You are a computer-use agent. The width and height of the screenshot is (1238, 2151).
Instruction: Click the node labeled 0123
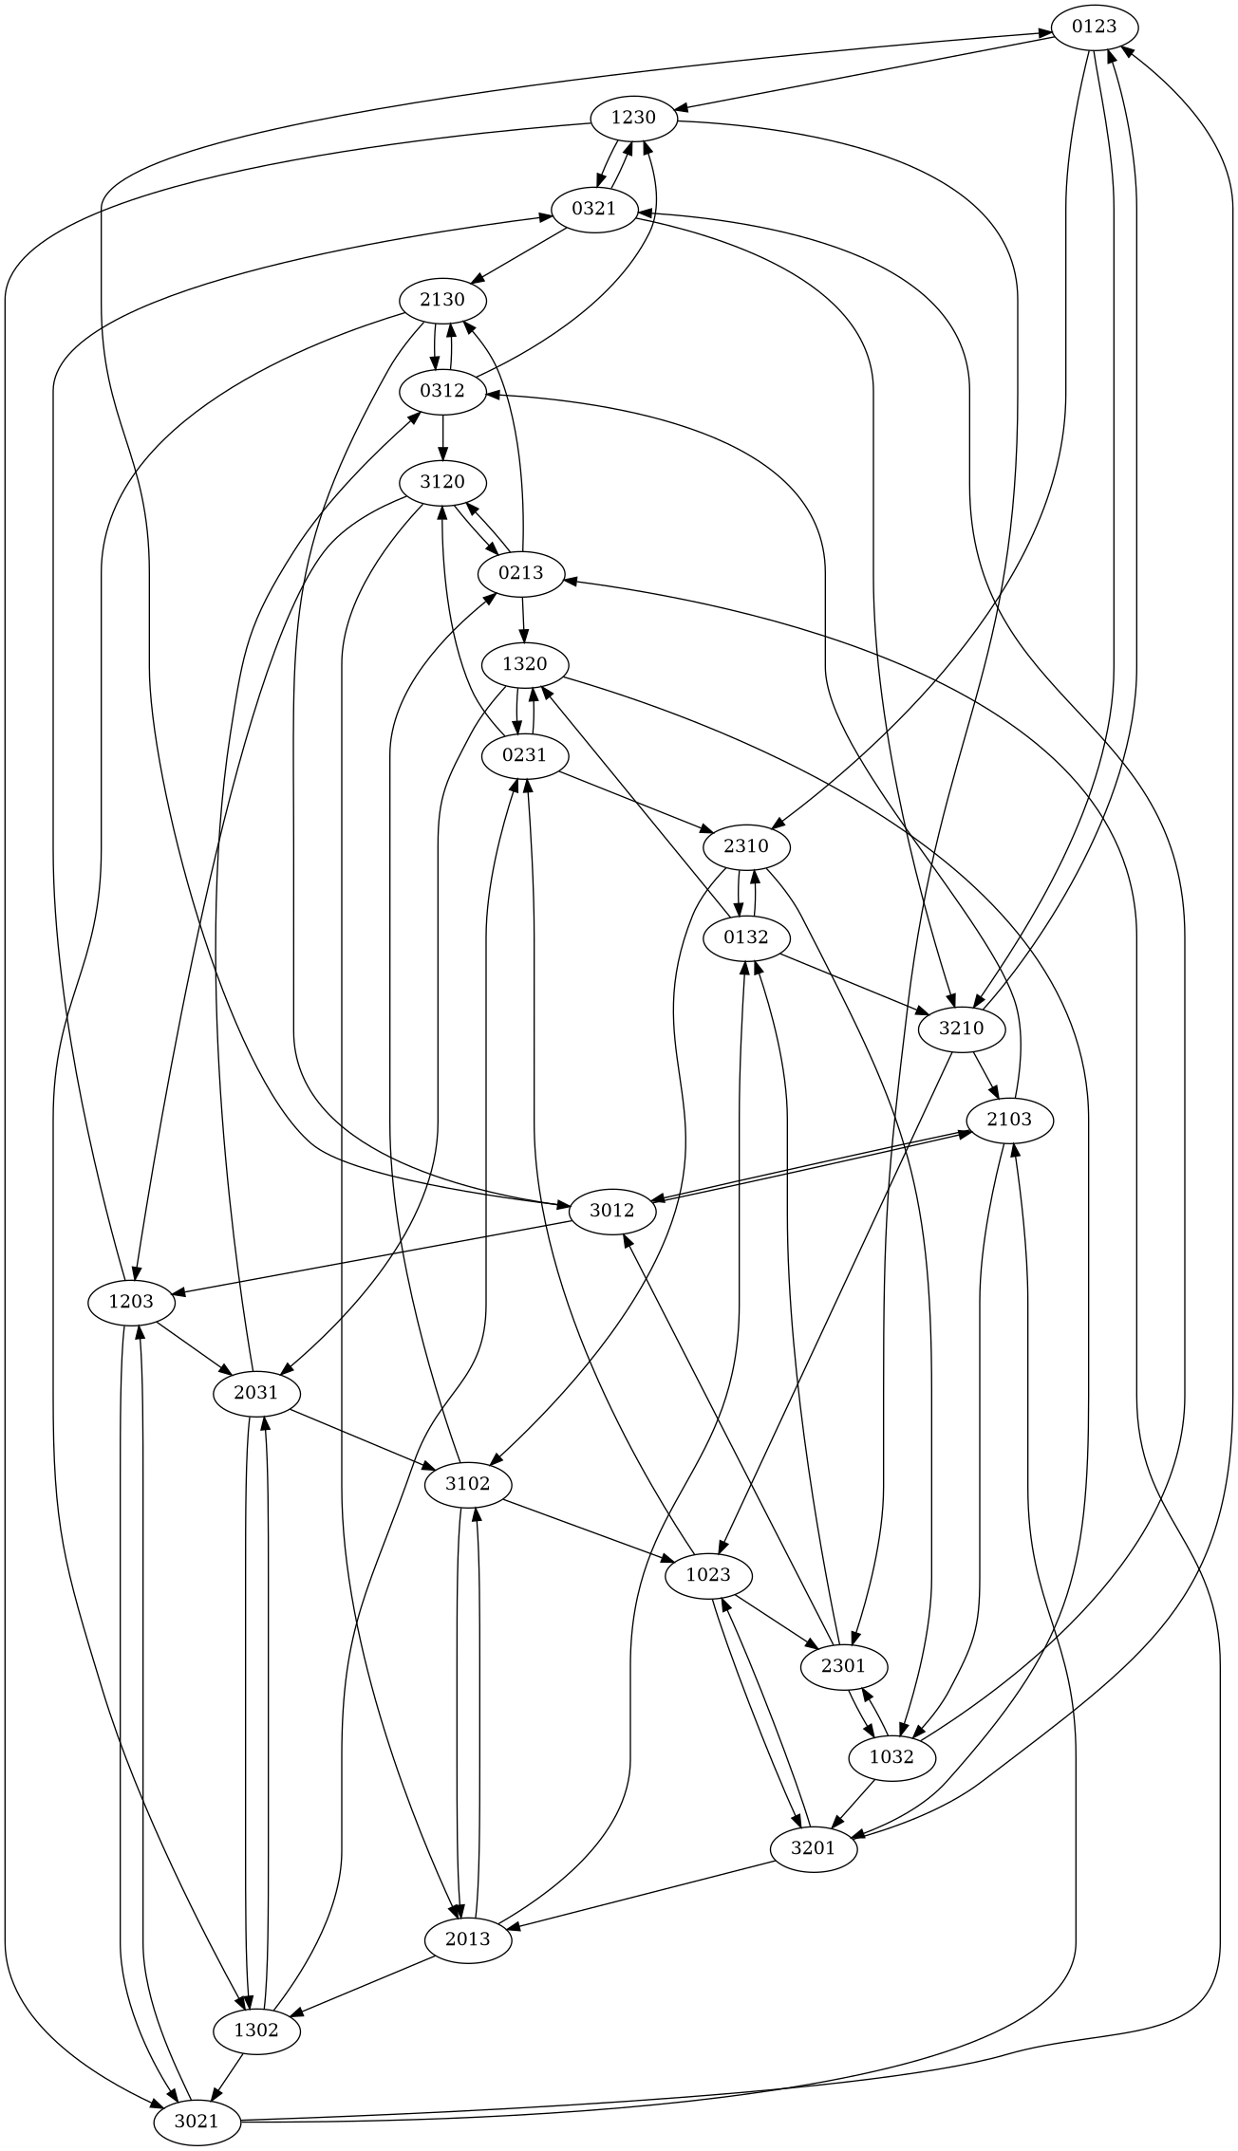point(1094,27)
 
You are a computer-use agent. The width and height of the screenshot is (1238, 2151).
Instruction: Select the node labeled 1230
point(633,118)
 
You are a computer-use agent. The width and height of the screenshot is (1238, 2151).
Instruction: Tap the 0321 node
point(594,209)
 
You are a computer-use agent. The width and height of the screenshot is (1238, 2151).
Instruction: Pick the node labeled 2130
point(442,300)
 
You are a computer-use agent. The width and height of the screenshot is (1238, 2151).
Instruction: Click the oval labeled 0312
point(442,391)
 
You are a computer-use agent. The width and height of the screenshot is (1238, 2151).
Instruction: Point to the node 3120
point(442,482)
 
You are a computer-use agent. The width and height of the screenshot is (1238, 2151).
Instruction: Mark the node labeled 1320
point(524,664)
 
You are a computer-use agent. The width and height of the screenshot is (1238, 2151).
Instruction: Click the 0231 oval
point(524,755)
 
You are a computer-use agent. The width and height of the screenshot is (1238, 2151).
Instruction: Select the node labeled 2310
point(746,846)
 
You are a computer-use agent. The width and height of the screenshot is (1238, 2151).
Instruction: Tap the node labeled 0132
point(746,937)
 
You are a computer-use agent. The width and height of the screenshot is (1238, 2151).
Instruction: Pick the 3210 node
point(962,1029)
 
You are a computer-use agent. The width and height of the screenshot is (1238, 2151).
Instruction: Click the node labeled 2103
point(1008,1120)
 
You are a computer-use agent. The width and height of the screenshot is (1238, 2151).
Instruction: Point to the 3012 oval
point(611,1211)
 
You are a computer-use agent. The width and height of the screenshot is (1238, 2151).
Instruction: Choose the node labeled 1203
point(131,1302)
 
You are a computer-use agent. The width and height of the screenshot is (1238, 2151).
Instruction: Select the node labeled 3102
point(467,1484)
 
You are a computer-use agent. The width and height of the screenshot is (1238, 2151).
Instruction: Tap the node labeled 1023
point(708,1575)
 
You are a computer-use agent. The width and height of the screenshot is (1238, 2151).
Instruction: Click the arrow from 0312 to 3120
point(442,436)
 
